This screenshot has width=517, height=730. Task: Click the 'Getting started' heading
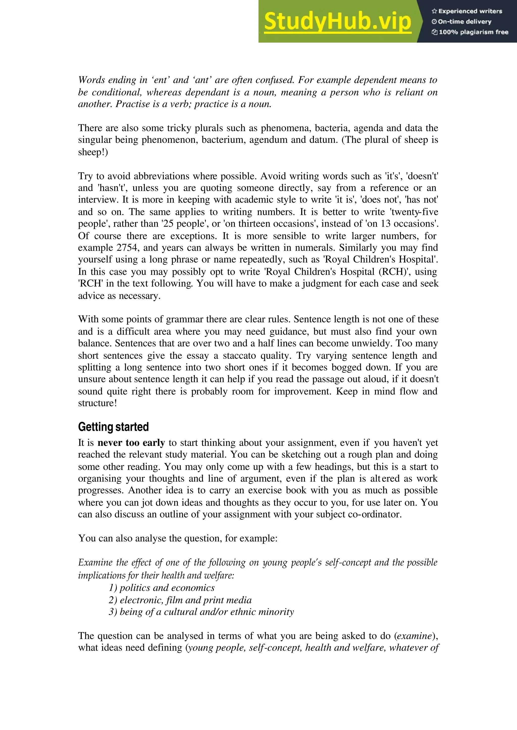(x=113, y=427)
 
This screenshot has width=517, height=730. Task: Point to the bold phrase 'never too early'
(x=131, y=443)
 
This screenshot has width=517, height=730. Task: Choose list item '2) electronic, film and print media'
(x=180, y=600)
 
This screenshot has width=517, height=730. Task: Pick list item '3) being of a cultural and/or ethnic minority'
(x=201, y=612)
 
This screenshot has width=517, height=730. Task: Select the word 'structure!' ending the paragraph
(x=97, y=403)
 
